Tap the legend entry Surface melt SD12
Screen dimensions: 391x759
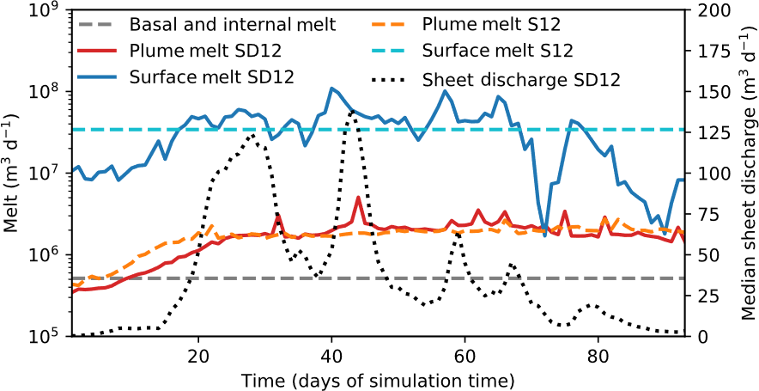(x=211, y=76)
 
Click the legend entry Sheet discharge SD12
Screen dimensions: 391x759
(x=522, y=79)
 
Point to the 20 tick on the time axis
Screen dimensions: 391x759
(x=198, y=355)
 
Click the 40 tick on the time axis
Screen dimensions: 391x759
(x=331, y=355)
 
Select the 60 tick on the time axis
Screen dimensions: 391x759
(x=465, y=355)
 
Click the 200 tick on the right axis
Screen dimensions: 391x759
(x=709, y=10)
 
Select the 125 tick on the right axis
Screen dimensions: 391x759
(x=709, y=132)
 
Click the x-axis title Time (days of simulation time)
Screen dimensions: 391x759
(x=377, y=378)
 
